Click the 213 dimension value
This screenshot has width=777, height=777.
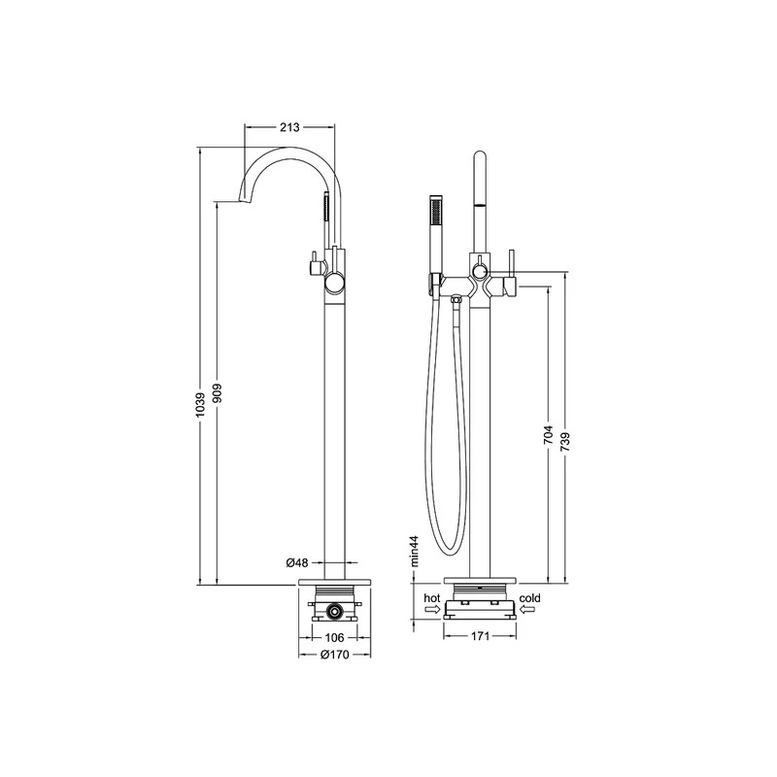coord(289,127)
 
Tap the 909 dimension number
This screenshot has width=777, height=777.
coord(218,392)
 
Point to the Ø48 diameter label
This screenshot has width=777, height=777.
coord(297,562)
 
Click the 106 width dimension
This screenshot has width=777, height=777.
coord(334,637)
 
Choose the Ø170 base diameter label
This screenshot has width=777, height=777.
coord(334,655)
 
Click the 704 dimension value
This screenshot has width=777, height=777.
coord(548,434)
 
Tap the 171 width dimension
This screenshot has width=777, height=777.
coord(480,636)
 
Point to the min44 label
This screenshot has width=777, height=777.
coord(415,551)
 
